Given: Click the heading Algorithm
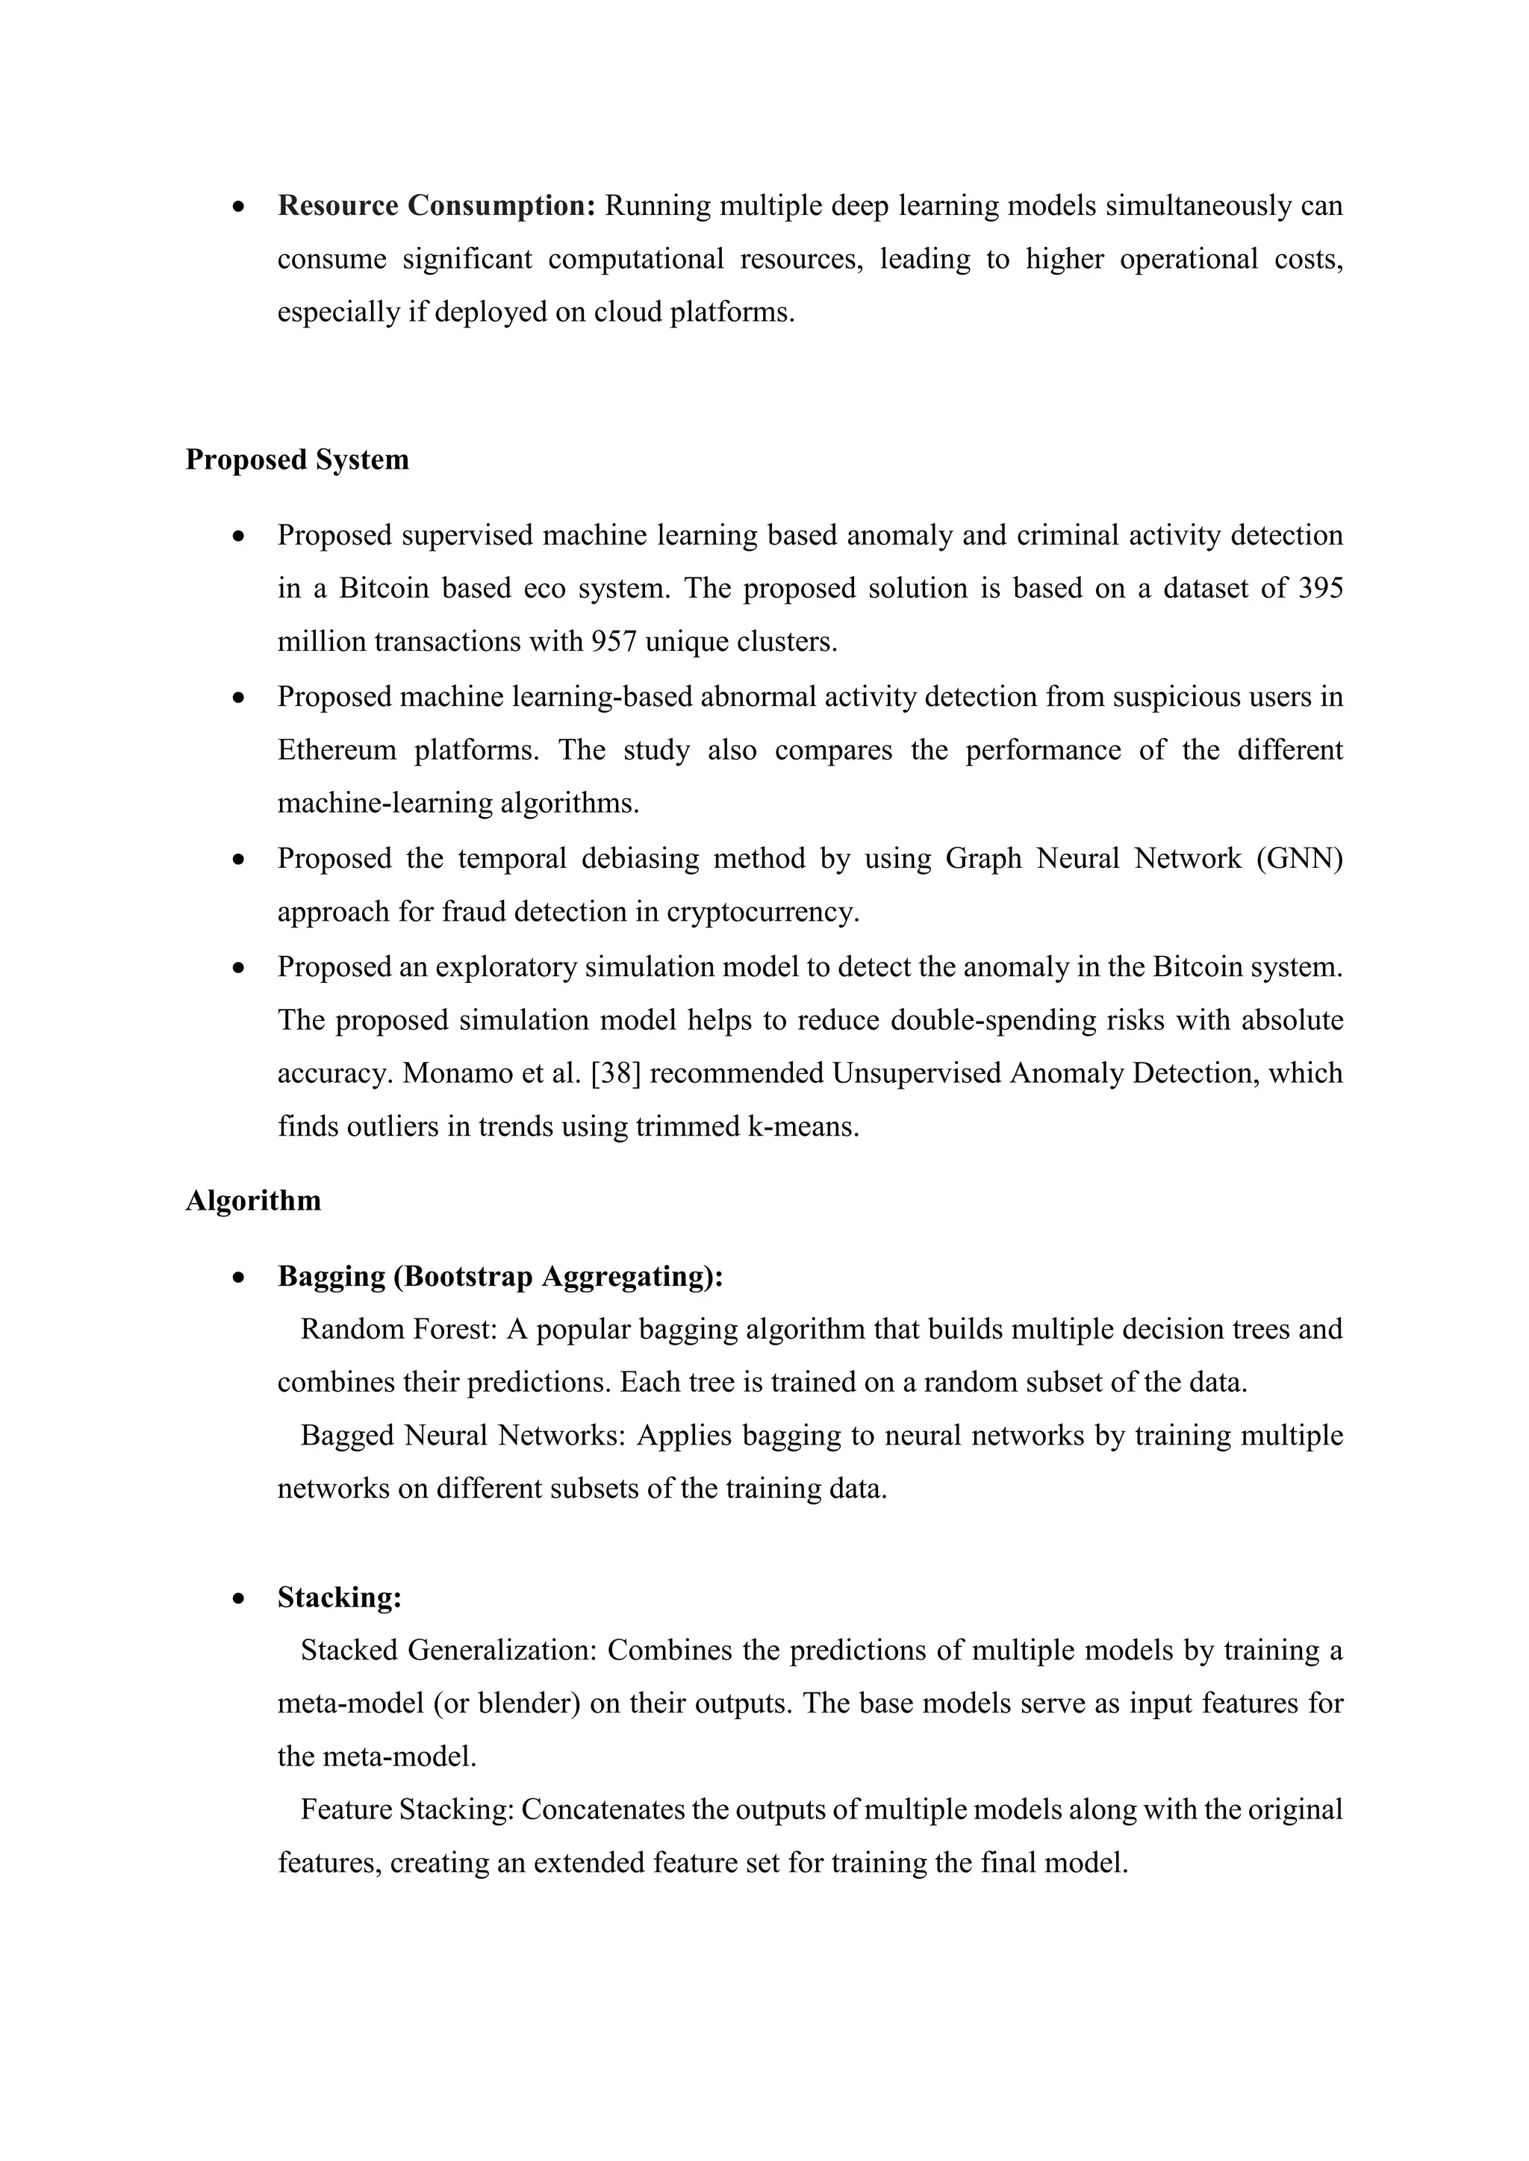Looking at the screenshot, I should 252,1200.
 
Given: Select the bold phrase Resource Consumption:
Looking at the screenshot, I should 437,205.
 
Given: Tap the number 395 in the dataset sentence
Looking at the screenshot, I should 1320,588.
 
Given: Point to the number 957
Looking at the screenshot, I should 614,642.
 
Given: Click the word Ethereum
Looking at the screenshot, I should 336,750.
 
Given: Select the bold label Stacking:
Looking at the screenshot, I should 339,1597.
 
